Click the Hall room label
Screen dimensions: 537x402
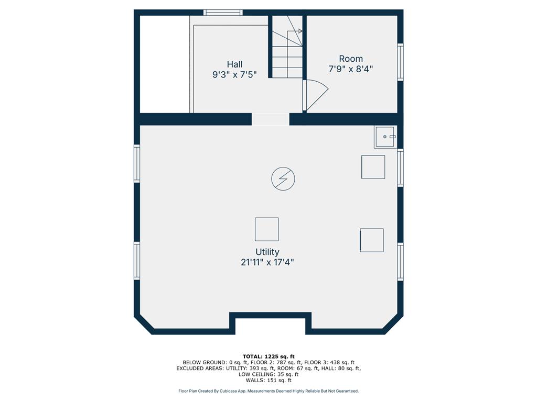234,64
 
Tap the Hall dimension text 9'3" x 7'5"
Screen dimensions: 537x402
234,74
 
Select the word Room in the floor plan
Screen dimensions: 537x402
351,59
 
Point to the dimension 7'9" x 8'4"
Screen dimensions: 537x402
351,69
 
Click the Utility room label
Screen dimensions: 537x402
267,252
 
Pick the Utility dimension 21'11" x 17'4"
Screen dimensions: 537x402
267,263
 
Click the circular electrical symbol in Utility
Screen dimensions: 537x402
283,178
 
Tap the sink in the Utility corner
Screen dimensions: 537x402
385,137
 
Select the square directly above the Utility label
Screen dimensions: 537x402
267,229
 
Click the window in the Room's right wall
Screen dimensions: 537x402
400,62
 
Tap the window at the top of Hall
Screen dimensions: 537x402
223,13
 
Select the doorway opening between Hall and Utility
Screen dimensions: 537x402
271,119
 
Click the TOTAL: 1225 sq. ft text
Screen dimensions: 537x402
268,356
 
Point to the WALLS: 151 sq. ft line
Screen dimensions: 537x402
268,380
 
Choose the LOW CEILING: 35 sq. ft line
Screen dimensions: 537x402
268,374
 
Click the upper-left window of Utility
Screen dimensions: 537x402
137,163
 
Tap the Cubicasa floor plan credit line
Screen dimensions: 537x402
268,391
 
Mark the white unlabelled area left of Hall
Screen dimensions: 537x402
165,64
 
